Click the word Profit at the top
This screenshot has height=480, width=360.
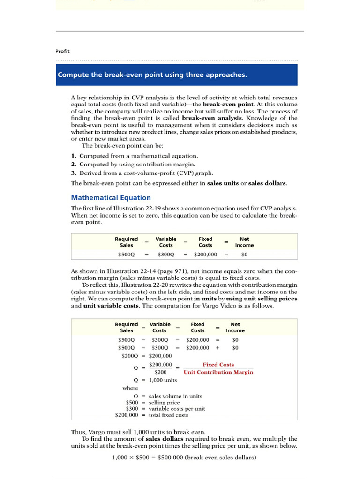tap(62, 51)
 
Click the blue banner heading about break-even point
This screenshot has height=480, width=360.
tap(152, 75)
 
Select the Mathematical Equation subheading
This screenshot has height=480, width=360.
tap(111, 198)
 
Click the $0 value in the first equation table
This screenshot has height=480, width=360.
tap(244, 255)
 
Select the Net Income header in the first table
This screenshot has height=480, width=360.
tap(244, 242)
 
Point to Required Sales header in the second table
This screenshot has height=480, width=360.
tap(126, 327)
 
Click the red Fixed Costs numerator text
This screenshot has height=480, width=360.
tap(218, 364)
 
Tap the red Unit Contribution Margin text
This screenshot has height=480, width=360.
tap(218, 372)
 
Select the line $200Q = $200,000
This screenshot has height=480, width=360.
tap(147, 356)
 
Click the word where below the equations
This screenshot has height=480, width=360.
tap(130, 388)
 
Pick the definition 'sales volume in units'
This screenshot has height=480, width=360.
tap(175, 396)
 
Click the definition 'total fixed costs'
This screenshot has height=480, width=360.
tap(168, 415)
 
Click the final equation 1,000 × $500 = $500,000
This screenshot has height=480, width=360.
tap(184, 458)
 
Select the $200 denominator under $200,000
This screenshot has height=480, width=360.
tap(160, 372)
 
